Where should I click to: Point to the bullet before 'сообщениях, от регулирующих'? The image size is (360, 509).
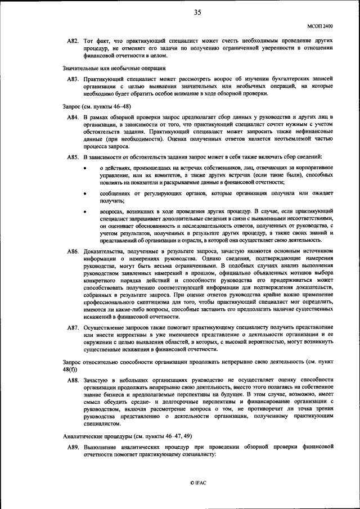(85, 194)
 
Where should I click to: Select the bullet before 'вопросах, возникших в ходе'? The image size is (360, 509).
(85, 211)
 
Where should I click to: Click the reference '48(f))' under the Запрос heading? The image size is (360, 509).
(70, 370)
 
